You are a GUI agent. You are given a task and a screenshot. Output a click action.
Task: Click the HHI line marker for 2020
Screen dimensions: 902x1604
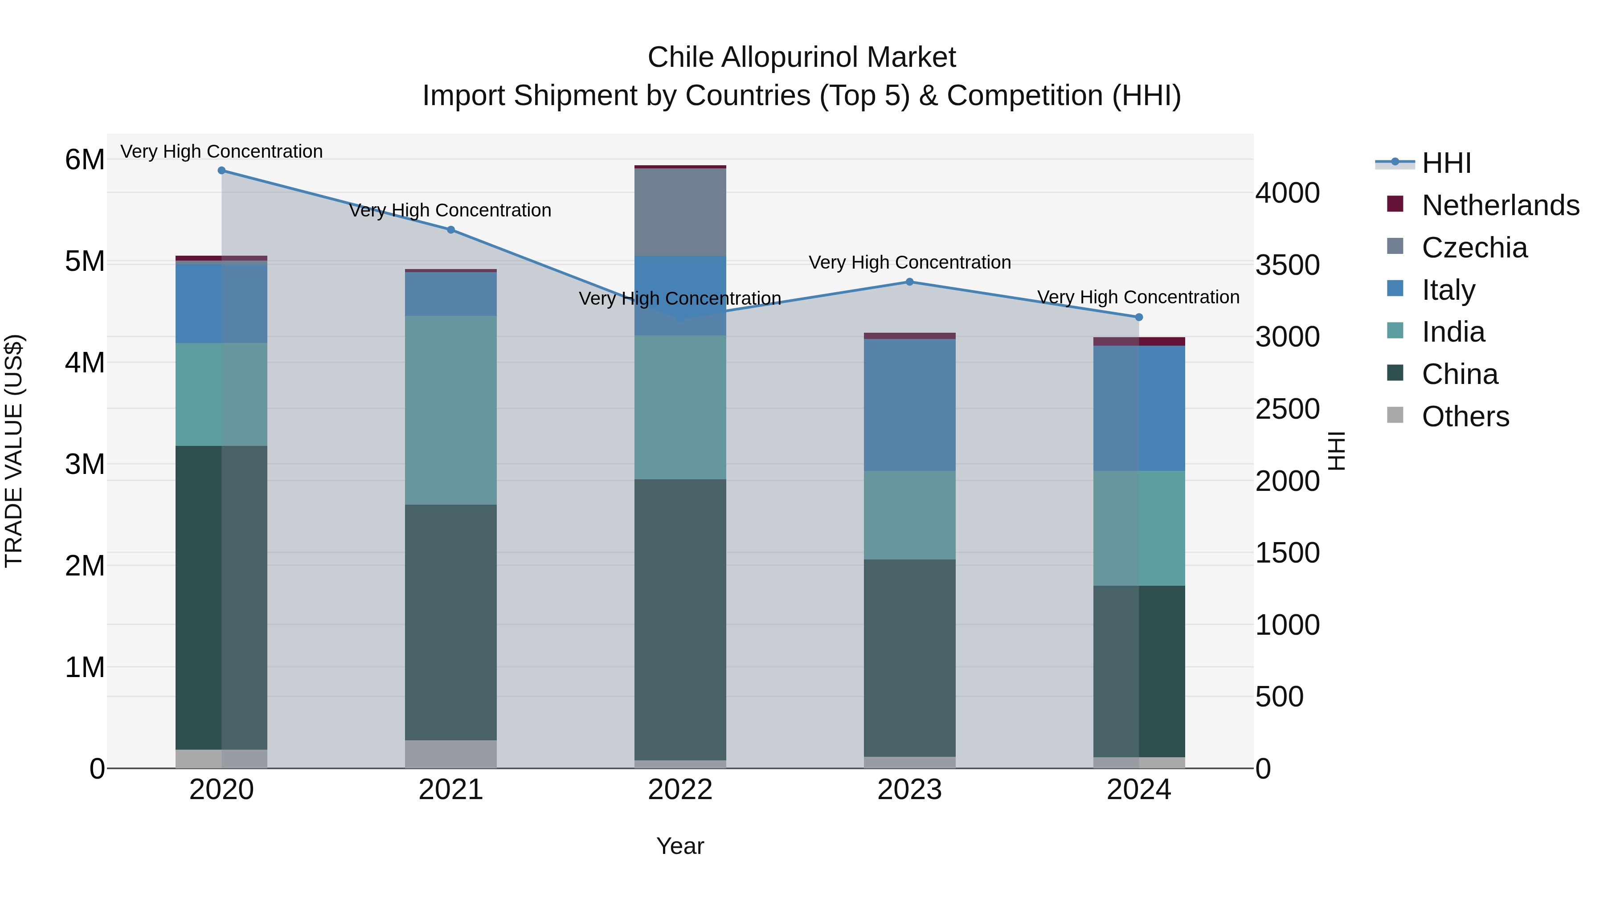coord(222,171)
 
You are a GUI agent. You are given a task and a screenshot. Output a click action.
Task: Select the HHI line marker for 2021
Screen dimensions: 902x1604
coord(451,230)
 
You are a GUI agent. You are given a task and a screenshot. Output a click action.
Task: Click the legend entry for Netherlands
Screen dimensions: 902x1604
coord(1500,205)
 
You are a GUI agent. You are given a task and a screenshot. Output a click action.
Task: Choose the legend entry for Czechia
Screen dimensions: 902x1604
coord(1474,248)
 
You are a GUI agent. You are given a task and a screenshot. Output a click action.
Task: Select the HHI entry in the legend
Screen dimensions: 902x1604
coord(1446,163)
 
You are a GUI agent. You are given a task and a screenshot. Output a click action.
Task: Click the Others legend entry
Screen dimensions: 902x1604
coord(1465,416)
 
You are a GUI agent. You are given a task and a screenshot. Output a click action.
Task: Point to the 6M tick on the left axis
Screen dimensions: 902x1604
coord(85,160)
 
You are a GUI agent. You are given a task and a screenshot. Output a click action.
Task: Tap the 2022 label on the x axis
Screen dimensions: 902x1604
coord(680,790)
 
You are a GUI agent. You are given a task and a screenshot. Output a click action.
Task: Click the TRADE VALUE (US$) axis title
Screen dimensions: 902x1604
coord(14,451)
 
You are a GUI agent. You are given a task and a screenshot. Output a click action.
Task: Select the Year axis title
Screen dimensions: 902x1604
coord(680,846)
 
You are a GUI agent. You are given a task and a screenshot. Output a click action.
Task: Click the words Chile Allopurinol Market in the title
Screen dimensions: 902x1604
coord(802,57)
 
